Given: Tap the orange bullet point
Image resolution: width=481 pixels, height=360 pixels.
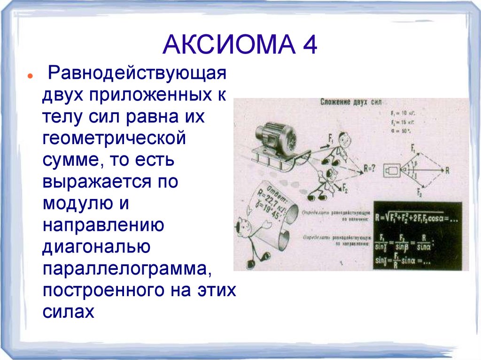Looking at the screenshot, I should (30, 76).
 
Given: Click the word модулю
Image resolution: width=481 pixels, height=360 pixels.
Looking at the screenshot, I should (78, 203).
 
